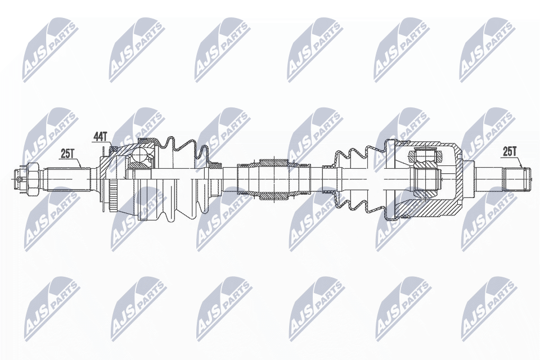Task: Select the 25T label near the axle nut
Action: click(68, 154)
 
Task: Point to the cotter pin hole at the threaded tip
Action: click(18, 178)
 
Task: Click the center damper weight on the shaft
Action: click(274, 178)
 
